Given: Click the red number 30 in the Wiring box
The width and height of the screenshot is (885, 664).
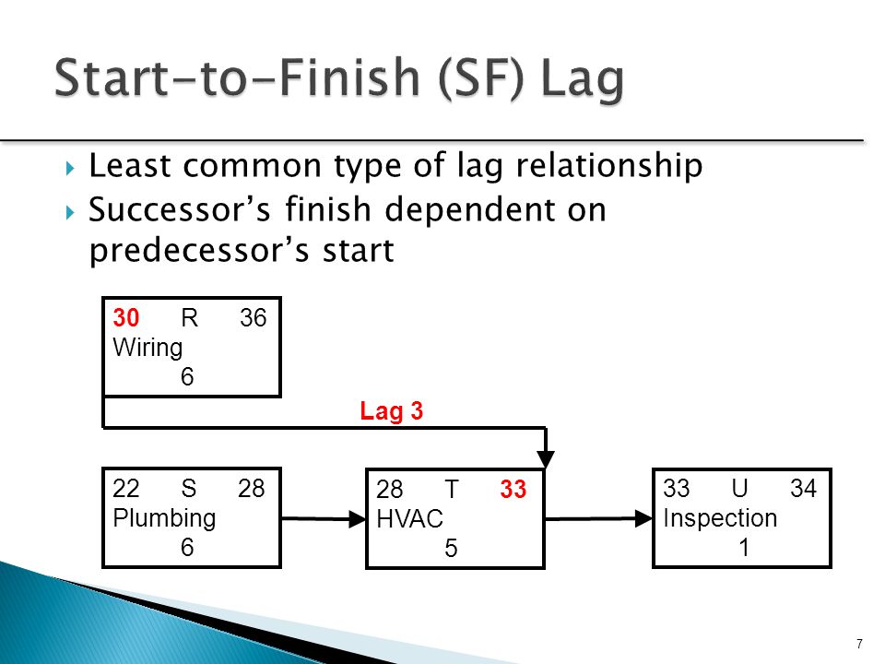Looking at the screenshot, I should (126, 318).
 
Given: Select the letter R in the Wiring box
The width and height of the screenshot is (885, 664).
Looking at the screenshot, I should (189, 318).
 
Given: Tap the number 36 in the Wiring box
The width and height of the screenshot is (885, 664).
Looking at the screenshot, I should (253, 318).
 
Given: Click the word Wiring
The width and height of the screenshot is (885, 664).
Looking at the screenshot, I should (147, 347).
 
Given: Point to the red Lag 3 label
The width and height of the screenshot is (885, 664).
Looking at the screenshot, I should (391, 412).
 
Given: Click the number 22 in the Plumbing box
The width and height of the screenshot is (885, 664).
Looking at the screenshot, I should (126, 489).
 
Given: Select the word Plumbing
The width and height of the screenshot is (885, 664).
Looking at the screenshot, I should (164, 518).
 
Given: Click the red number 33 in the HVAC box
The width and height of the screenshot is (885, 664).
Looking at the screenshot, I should (513, 492).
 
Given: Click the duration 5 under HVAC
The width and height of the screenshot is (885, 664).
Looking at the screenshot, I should (451, 549).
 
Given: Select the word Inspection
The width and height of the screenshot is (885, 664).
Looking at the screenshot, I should (720, 518).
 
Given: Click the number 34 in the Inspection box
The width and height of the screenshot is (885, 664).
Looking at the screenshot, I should (803, 489).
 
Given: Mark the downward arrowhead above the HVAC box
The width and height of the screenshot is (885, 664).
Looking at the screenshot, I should (548, 459).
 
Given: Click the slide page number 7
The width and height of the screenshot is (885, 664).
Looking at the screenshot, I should (859, 644).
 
